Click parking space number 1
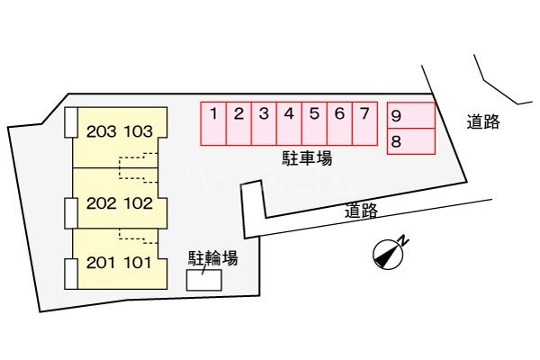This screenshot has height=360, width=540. tap(213, 123)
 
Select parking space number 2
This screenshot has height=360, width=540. tap(238, 123)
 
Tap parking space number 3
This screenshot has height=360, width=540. tap(264, 123)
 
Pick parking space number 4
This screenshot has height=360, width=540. tap(289, 123)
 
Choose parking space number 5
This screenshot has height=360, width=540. tap(314, 123)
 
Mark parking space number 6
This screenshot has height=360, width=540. tap(339, 123)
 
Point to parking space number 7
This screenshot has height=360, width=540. tap(365, 123)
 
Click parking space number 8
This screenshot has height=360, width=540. tap(411, 141)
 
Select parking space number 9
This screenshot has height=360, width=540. tap(411, 115)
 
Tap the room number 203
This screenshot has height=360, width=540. tap(101, 131)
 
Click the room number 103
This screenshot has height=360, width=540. tap(138, 131)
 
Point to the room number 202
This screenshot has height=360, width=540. tap(101, 203)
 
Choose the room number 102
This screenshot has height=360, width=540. tap(138, 203)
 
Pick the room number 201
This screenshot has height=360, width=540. tap(101, 263)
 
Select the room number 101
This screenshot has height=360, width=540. tap(138, 263)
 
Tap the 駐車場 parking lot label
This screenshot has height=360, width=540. tap(307, 158)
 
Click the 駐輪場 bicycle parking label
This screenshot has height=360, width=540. tap(212, 258)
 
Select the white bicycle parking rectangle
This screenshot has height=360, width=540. tap(204, 280)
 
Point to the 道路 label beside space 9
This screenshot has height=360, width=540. tap(483, 122)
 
